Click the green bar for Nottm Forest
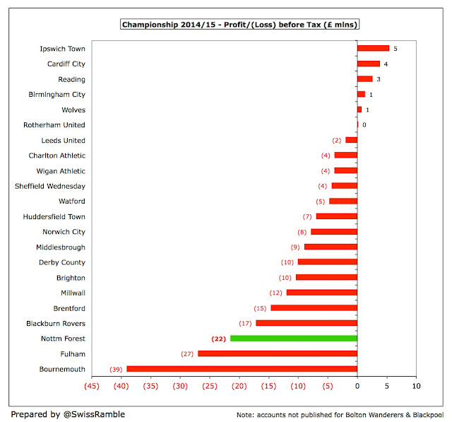tap(293, 339)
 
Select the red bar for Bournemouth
tap(242, 369)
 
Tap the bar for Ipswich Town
tap(373, 48)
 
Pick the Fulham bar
tap(277, 353)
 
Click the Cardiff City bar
tap(369, 64)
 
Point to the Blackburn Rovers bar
tap(307, 323)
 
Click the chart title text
tap(239, 25)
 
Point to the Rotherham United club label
tap(54, 125)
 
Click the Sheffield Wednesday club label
tap(50, 186)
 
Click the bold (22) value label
tap(219, 339)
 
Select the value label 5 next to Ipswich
tap(395, 49)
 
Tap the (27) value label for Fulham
tap(188, 353)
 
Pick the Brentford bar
tap(314, 308)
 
